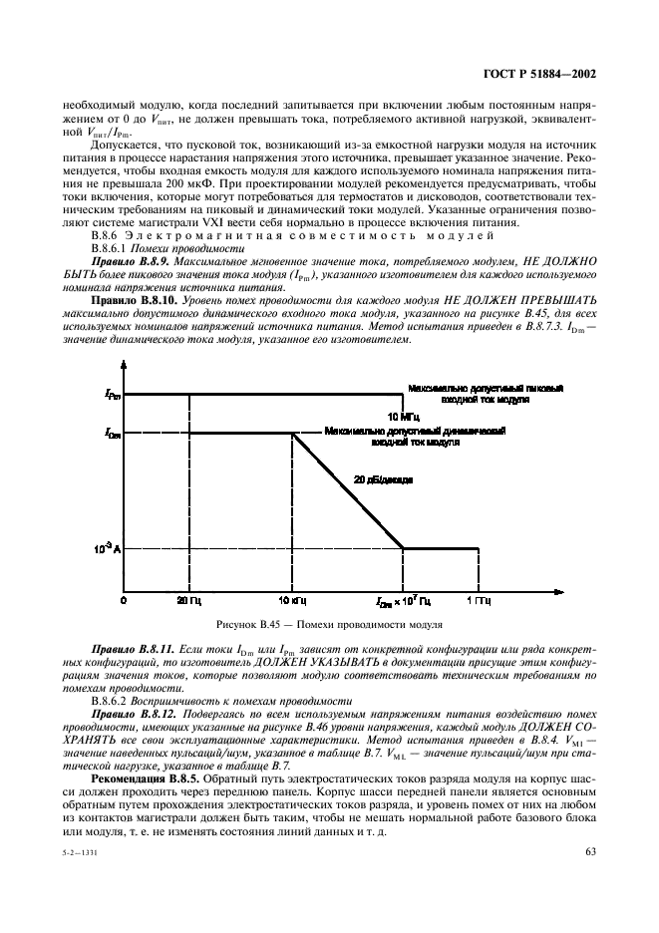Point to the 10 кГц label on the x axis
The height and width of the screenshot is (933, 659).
[291, 602]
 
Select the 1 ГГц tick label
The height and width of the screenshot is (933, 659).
[476, 602]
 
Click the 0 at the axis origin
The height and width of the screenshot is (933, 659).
[124, 602]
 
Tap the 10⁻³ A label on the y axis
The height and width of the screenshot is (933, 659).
[108, 548]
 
